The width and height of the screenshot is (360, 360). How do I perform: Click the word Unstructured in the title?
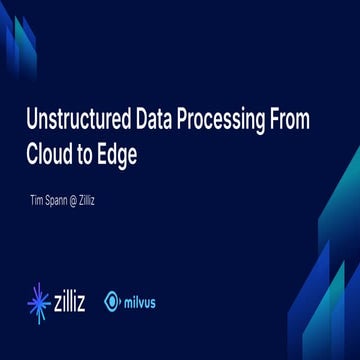(x=71, y=121)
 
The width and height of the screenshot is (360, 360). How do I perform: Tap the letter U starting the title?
(x=31, y=121)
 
